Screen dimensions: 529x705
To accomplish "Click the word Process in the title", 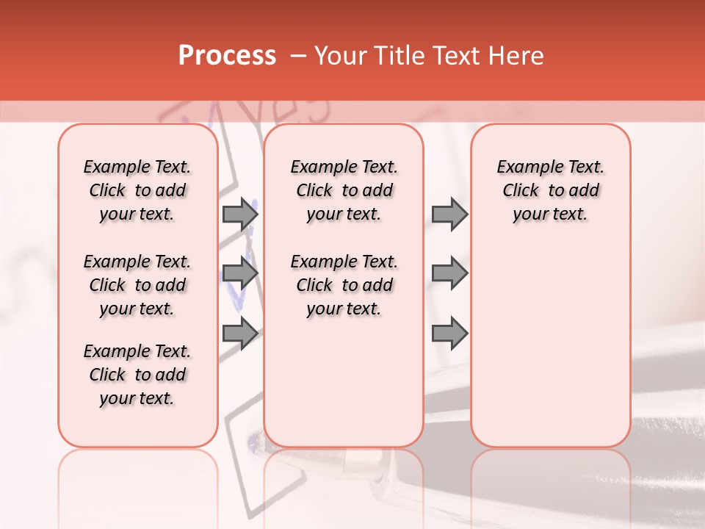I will click(227, 56).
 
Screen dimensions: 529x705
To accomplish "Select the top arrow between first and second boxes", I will click(240, 214).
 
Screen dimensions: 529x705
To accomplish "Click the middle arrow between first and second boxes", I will click(240, 273).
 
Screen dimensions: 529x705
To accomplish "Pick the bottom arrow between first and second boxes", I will click(240, 334).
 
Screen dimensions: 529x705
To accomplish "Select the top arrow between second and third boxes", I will click(449, 214).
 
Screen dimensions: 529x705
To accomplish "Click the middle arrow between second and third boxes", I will click(449, 273).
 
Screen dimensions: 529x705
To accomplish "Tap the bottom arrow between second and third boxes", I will click(449, 334).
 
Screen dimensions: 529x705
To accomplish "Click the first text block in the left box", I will click(137, 190).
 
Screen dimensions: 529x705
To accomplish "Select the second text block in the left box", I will click(137, 285).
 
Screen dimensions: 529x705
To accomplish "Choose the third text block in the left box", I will click(137, 375).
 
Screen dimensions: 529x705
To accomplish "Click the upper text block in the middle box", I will click(344, 190).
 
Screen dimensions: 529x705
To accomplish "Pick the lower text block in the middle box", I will click(344, 285).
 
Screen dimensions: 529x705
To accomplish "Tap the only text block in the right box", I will click(551, 190).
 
